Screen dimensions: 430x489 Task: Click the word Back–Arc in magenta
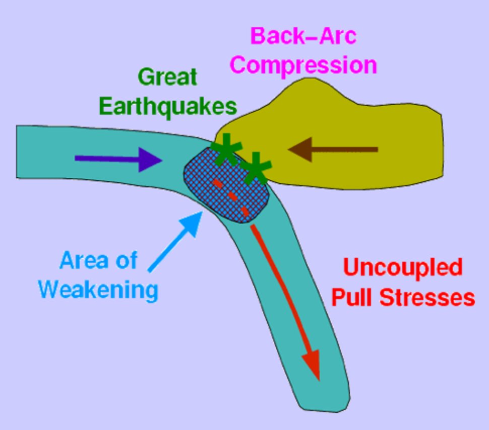[303, 37]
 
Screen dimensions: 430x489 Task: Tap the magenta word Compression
[305, 66]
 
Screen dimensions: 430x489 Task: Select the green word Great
[167, 78]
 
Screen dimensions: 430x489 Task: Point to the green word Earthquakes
[168, 107]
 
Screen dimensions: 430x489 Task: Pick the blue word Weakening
[99, 291]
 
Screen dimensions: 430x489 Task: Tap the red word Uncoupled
[403, 267]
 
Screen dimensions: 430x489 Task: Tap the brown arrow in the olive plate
[333, 150]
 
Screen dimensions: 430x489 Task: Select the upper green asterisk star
[225, 150]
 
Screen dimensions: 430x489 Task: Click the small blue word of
[126, 261]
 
